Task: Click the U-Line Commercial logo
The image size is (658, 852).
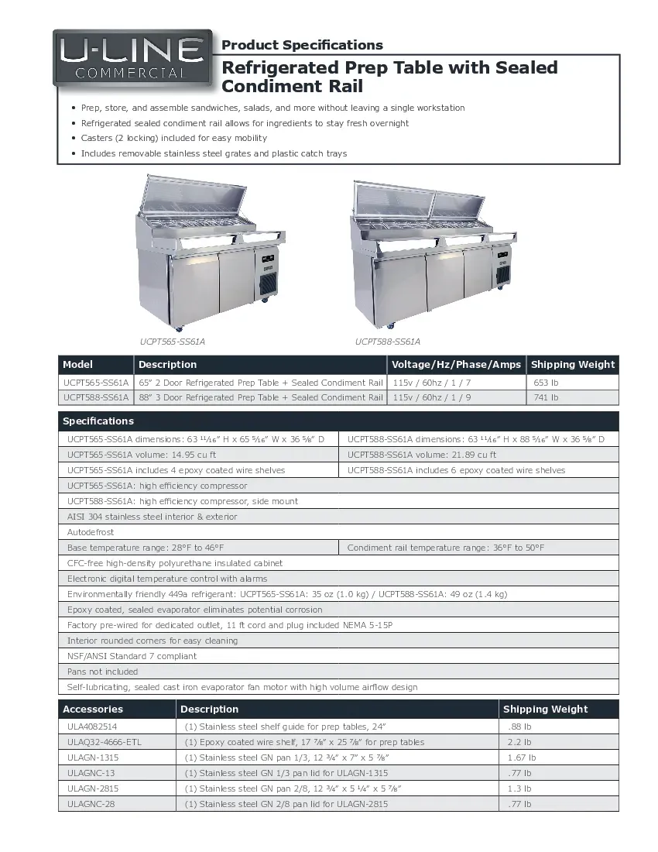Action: tap(132, 58)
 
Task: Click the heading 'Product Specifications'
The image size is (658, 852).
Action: tap(302, 45)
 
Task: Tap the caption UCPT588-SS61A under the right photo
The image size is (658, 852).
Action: tap(388, 342)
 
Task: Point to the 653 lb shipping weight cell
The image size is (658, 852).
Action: tap(546, 383)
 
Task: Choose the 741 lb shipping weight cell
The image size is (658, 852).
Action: tap(546, 397)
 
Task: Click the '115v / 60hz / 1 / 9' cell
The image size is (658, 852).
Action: tap(432, 397)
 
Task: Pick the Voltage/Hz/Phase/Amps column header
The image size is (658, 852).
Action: tap(456, 365)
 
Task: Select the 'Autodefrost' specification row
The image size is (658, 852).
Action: tap(91, 532)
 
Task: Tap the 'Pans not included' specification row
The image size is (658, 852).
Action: tap(102, 672)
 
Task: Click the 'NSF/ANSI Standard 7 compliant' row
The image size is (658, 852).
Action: tap(132, 656)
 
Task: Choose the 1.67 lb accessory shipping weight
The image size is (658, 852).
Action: tap(521, 758)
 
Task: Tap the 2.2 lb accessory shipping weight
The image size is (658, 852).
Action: tap(519, 742)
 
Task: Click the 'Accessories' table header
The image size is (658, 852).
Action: tap(93, 709)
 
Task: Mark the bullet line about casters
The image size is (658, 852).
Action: tap(174, 138)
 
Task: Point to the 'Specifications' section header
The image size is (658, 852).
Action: tap(98, 421)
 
